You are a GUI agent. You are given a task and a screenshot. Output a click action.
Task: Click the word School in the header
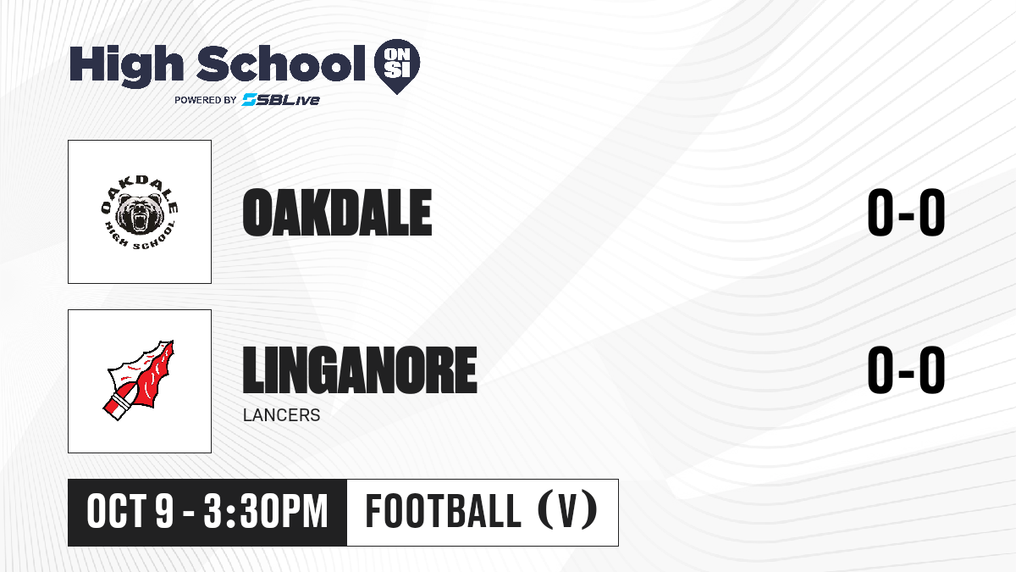281,63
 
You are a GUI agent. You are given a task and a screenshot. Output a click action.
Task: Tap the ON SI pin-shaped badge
397,66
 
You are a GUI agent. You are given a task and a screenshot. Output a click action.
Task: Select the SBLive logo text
281,100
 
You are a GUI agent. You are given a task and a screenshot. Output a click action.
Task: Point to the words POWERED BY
206,100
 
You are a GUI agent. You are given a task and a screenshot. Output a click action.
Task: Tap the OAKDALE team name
337,213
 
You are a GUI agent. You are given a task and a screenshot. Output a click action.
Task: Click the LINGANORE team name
360,369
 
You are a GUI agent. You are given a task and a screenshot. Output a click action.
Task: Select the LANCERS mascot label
282,415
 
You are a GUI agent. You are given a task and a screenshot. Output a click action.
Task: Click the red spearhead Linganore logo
139,380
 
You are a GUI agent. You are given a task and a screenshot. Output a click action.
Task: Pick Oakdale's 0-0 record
906,213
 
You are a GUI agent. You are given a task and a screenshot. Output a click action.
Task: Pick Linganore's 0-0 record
906,369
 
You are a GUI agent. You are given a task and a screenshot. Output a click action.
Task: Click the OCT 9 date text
130,512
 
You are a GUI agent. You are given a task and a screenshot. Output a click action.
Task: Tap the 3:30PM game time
266,512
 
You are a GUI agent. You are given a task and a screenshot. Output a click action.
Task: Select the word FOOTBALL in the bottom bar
443,511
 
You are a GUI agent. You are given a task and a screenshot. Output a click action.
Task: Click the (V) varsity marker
567,511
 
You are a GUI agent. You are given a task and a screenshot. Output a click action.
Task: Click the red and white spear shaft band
119,405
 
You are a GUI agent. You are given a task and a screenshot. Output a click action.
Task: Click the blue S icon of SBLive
249,100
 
